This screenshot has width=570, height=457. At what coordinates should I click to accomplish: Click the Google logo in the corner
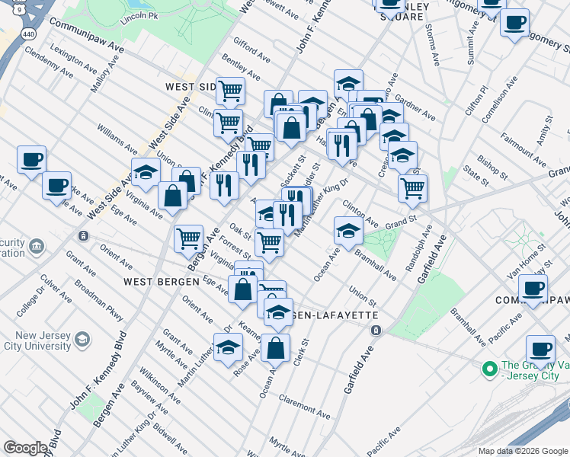coord(25,448)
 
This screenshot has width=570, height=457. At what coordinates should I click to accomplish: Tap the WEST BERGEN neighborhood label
coord(155,282)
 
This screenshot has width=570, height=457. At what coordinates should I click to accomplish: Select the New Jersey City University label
coord(38,340)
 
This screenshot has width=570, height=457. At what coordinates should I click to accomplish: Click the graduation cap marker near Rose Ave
coord(226,348)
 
